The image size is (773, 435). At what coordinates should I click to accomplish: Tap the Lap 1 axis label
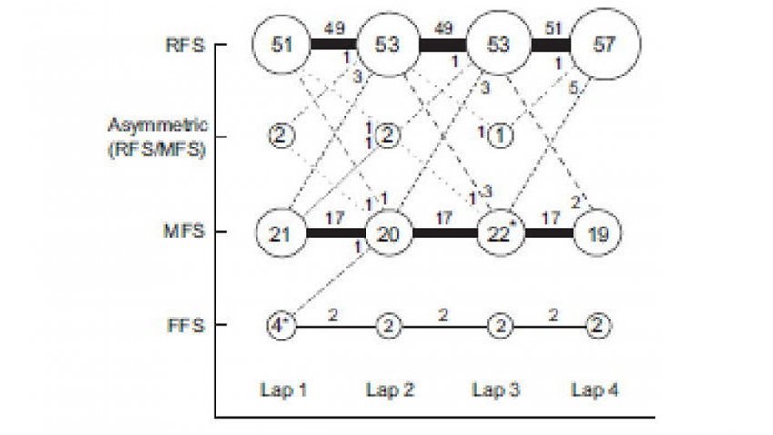[284, 390]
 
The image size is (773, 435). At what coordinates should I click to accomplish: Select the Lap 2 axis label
[390, 390]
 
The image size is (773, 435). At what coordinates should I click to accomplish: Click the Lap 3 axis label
[496, 390]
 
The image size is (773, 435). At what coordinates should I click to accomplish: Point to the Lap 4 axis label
[595, 390]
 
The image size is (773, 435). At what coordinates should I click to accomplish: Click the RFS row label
[185, 46]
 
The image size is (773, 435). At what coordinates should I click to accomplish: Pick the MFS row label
[184, 231]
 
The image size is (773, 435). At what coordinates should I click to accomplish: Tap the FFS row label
[186, 326]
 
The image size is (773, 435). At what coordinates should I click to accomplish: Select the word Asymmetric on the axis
[157, 126]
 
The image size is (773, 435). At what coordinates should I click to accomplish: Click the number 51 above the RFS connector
[553, 27]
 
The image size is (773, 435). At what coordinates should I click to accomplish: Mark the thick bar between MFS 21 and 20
[336, 233]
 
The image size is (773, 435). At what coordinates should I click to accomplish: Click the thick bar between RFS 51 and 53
[335, 45]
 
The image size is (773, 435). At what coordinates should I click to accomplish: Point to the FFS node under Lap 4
[598, 326]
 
